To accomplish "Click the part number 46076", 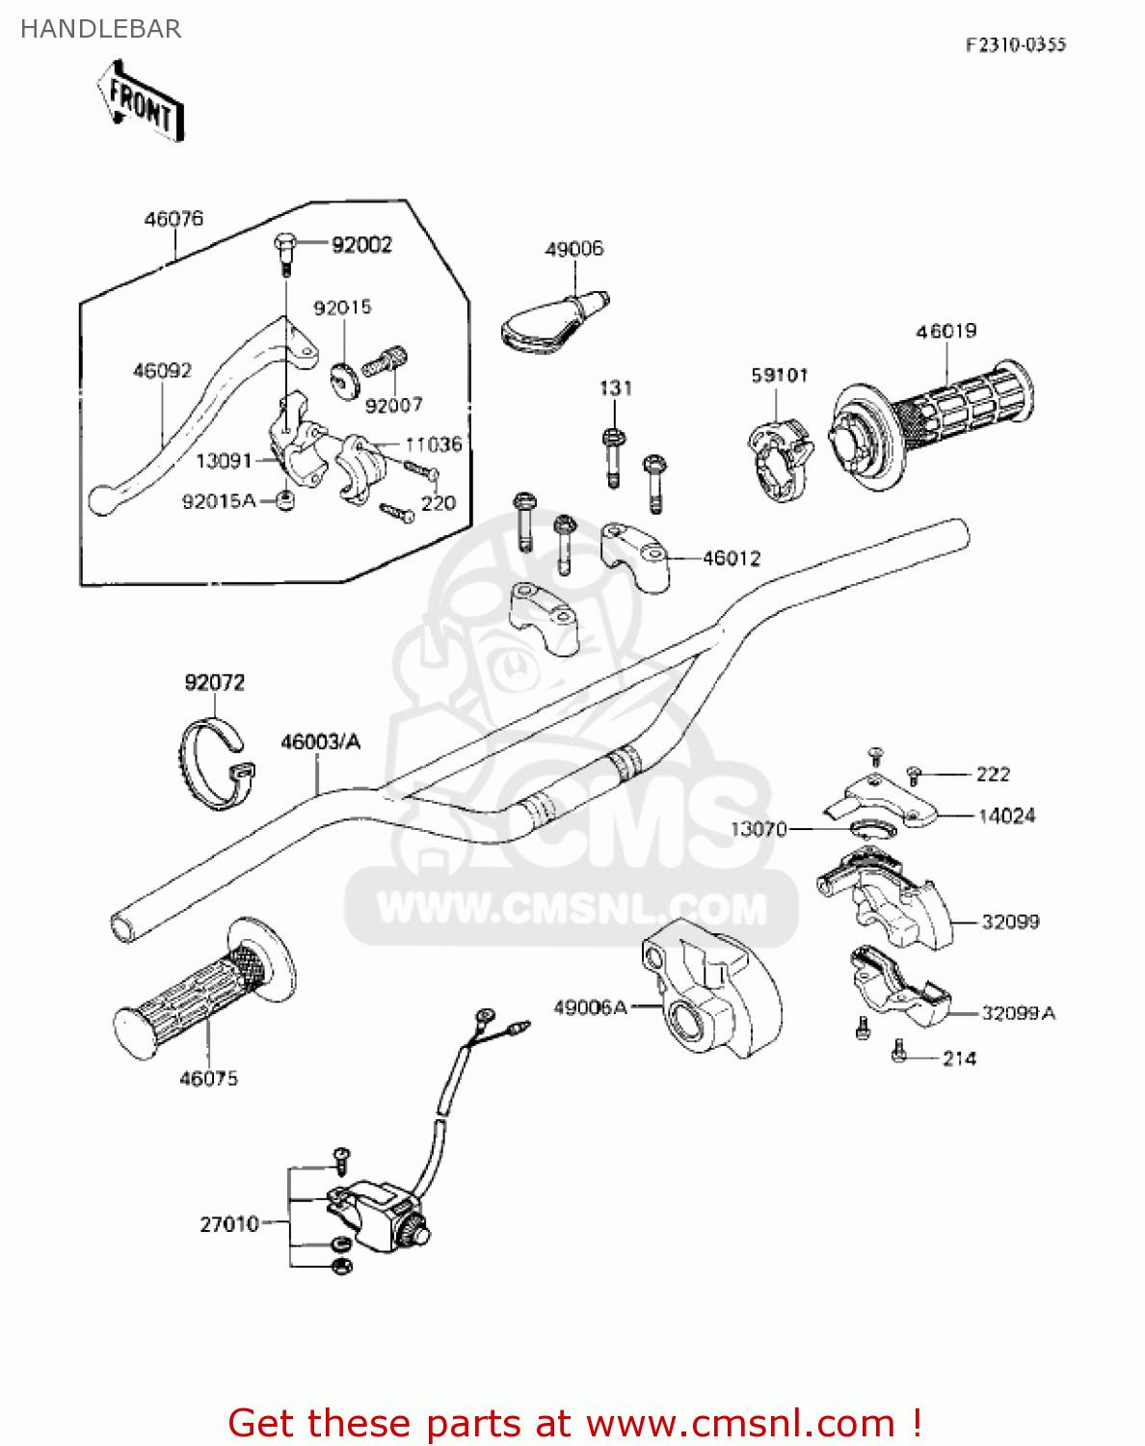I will [173, 219].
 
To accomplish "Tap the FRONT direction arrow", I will [140, 102].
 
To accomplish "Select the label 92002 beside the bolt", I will [361, 245].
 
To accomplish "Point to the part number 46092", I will [162, 370].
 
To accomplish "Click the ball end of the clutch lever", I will [100, 500].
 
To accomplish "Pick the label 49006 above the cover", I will [574, 249].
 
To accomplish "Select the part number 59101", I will [780, 375].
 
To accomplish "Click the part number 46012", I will [732, 558].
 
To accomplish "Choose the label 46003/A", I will [320, 741].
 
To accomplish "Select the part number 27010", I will [228, 1224].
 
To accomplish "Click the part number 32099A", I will [1018, 1013].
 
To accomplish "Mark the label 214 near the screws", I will [959, 1058].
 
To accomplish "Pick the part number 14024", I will [1006, 816].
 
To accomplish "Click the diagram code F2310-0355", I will [1016, 44].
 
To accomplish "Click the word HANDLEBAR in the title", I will [100, 29].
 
